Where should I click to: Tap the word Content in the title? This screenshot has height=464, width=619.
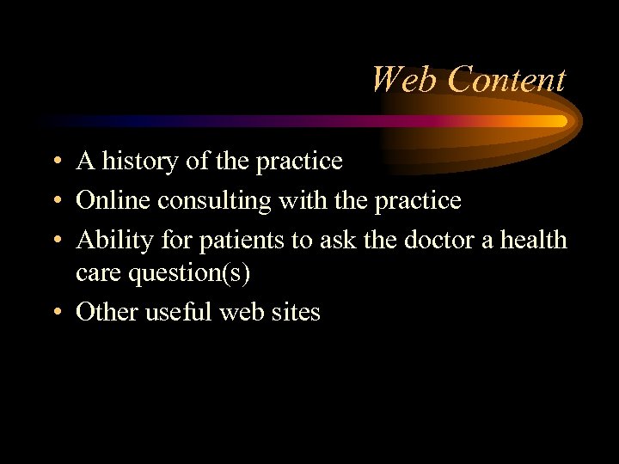coord(506,80)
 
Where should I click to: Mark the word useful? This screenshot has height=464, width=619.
coord(176,312)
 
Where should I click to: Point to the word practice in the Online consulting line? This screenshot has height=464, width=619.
coord(419,201)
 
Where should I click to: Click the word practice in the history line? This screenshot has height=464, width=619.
coord(301,162)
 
